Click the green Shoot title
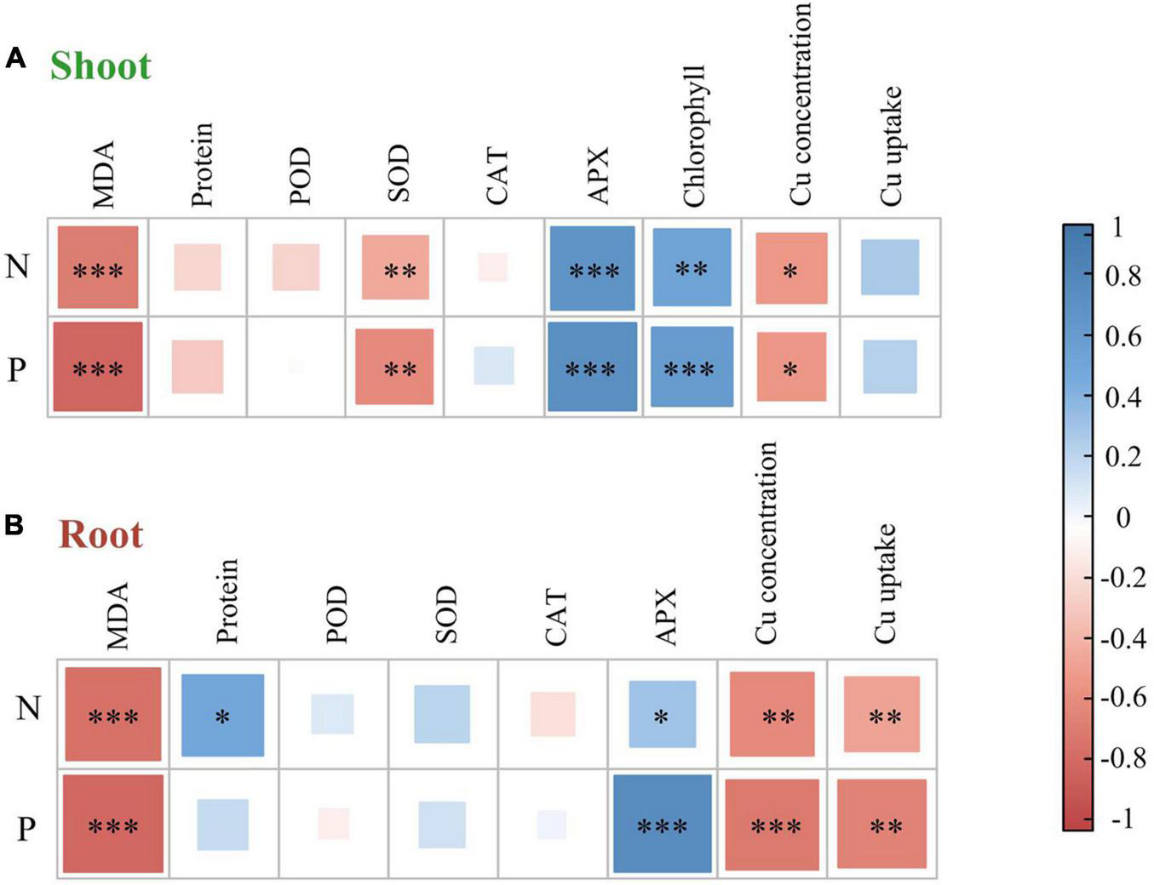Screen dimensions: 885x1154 tap(100, 66)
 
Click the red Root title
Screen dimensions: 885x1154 tap(100, 535)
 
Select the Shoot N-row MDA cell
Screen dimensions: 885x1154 tap(98, 267)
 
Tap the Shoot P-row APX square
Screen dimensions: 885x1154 tap(593, 367)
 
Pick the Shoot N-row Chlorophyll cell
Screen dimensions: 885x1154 tap(692, 267)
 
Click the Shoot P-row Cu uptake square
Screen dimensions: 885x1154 tap(890, 367)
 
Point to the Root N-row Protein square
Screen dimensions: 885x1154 tap(222, 715)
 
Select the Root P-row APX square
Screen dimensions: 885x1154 tap(662, 824)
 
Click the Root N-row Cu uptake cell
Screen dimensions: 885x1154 tap(881, 715)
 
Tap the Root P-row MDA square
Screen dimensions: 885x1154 tap(113, 824)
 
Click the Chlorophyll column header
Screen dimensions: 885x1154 tap(694, 136)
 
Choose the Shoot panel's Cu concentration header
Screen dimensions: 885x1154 tap(800, 104)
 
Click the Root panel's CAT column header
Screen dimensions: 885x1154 tap(554, 616)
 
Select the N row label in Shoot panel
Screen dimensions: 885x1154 tap(17, 267)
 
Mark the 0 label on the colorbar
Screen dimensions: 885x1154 tap(1122, 517)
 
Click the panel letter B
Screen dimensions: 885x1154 tap(14, 526)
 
